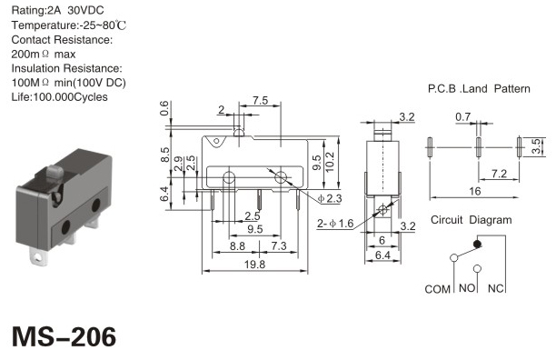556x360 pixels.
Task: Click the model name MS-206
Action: coord(64,336)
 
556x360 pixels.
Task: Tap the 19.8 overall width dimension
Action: coord(254,265)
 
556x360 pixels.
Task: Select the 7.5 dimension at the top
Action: coord(260,100)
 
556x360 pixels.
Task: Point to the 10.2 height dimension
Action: coord(330,162)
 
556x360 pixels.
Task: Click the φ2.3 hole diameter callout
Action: coord(330,198)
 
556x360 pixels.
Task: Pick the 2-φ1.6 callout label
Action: coord(335,224)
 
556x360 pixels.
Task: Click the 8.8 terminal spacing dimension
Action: coord(237,245)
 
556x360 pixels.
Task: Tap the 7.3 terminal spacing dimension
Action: coord(279,245)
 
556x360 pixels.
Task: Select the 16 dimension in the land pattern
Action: coord(474,192)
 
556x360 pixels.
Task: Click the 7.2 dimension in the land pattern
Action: coord(499,174)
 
